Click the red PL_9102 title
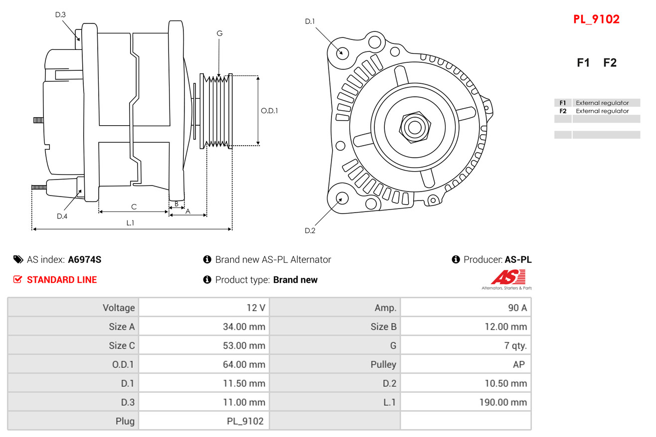(x=596, y=19)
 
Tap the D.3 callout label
(x=60, y=14)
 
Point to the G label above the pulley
(x=219, y=33)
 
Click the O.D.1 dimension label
(x=269, y=111)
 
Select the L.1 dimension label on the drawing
(x=130, y=223)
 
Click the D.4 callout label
(x=62, y=217)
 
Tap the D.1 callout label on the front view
(x=310, y=21)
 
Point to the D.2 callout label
(x=310, y=230)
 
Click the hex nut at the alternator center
(x=415, y=127)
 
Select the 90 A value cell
(x=466, y=307)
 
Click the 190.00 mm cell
(x=466, y=402)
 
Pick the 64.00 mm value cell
(x=204, y=364)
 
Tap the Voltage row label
(x=119, y=308)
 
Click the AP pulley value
(x=518, y=364)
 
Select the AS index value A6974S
(x=85, y=260)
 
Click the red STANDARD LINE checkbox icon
(x=17, y=279)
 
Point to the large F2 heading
(x=610, y=63)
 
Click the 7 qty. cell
(x=466, y=345)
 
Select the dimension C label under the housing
(x=134, y=207)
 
